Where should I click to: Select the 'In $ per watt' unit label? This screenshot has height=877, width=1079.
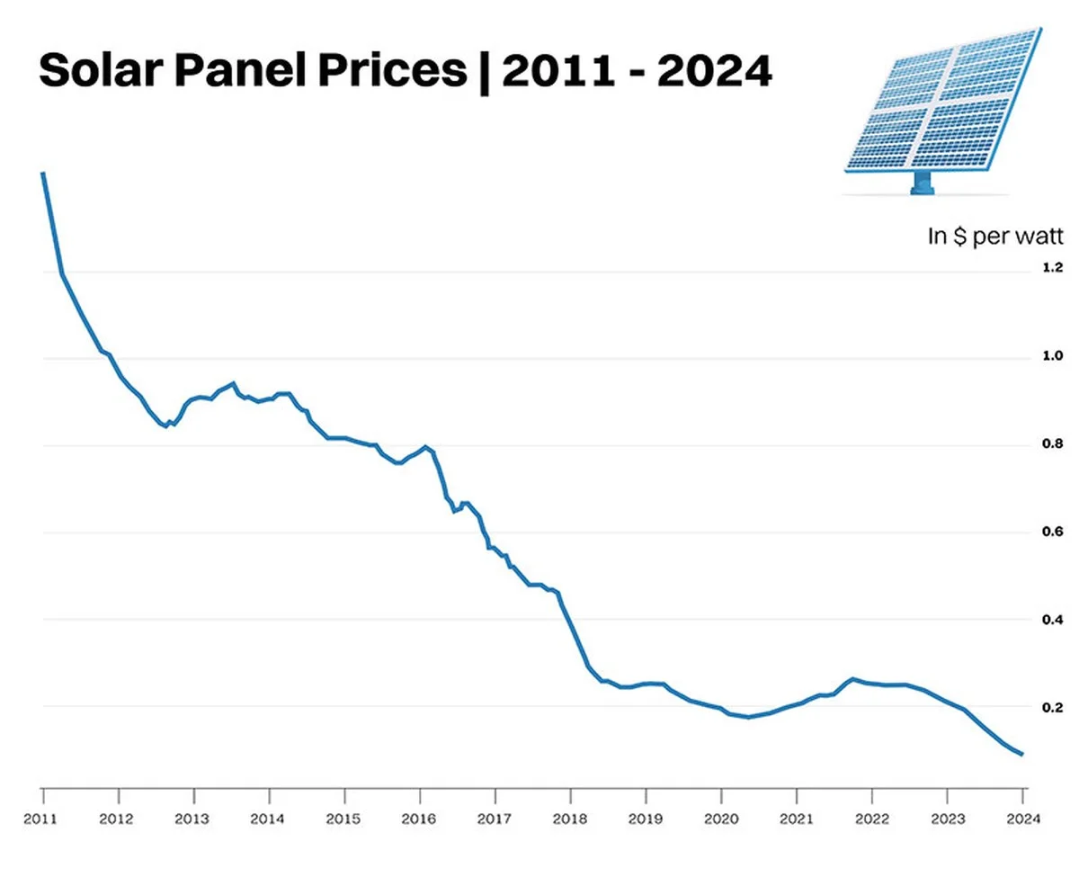(995, 237)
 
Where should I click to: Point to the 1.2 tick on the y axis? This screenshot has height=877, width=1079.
(1052, 269)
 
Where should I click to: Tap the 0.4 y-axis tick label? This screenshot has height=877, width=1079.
(1052, 620)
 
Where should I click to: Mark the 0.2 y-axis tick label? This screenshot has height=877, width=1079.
(1052, 708)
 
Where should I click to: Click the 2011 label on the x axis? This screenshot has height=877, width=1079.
(42, 819)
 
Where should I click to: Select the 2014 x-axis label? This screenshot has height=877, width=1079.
(268, 819)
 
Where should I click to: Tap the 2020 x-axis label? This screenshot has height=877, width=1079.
(720, 819)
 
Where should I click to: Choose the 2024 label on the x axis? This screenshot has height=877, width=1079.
(1022, 819)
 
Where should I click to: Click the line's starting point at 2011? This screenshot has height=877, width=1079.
(43, 173)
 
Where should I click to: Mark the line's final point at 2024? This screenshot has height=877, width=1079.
(1021, 754)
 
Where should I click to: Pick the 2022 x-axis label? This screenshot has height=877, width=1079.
(871, 819)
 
